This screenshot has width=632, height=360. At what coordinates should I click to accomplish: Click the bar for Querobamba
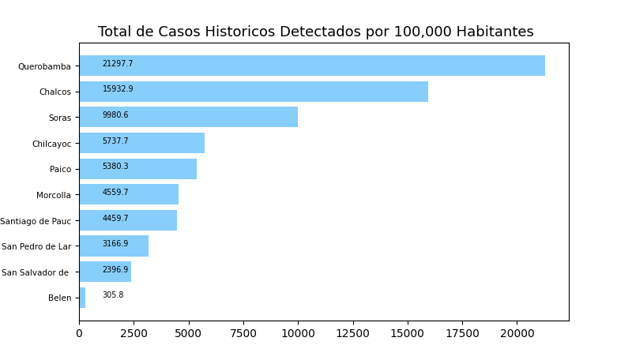point(312,66)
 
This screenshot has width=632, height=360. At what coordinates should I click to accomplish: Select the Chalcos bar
point(254,92)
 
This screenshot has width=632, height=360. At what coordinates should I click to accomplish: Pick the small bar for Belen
point(82,298)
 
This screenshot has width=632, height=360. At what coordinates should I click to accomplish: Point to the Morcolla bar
point(129,194)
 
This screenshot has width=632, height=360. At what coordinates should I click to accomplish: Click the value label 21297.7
point(118,64)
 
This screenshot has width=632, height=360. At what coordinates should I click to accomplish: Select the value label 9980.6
point(115,115)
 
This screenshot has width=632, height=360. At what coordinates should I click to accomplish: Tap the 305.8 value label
point(113,295)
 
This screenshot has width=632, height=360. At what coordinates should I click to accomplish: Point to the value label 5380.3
point(115,167)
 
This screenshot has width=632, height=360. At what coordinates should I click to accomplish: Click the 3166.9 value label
point(115,244)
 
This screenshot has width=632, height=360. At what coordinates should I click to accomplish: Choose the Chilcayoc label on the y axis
point(51,144)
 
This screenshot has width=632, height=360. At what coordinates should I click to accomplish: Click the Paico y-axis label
point(60,169)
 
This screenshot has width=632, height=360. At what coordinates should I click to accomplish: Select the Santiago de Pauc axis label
point(36,221)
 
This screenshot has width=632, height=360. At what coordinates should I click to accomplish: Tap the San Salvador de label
point(36,272)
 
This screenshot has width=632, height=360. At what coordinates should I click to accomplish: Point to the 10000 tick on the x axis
point(298,334)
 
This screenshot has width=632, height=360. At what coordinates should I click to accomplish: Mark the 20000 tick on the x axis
point(517,334)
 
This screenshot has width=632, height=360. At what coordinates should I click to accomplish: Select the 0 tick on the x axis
point(79,334)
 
